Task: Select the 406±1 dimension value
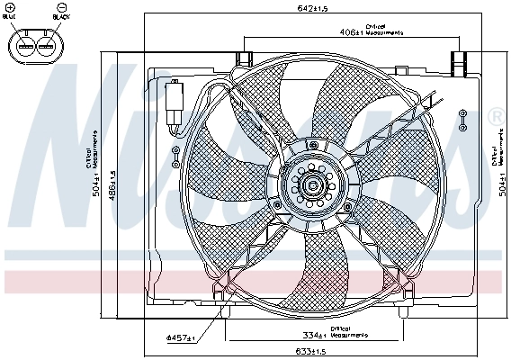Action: (x=352, y=32)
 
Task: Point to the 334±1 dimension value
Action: (x=315, y=337)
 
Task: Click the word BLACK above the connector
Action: (x=62, y=15)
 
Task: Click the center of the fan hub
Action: (x=311, y=187)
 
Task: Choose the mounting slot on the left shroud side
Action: (x=174, y=155)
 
